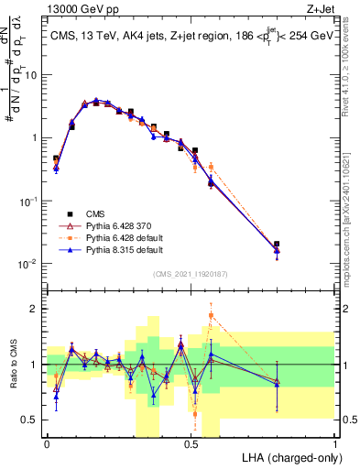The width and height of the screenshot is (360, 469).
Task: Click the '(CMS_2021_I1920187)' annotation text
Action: [x=191, y=273]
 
